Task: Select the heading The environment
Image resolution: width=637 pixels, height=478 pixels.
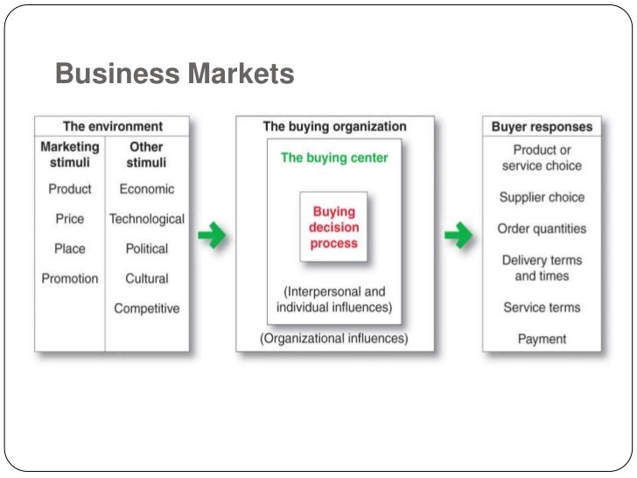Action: coord(112,127)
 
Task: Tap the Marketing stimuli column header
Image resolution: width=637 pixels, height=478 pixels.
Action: coord(70,155)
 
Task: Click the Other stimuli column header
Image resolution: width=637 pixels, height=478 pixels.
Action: coord(146,155)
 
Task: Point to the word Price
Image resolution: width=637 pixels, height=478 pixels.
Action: coord(70,219)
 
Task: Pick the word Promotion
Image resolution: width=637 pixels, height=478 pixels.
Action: coord(70,279)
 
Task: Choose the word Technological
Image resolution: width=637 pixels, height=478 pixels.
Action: coord(146,219)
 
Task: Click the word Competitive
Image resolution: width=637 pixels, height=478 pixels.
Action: coord(146,308)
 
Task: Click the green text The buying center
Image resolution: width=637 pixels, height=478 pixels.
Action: coord(334,158)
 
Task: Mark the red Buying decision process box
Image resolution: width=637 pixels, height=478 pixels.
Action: coord(334,228)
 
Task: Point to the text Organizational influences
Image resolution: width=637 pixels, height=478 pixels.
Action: coord(334,338)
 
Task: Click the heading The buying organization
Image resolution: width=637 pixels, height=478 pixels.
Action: coord(334,127)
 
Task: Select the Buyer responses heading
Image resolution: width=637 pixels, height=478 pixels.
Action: coord(542,127)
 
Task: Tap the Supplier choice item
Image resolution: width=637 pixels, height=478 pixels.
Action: coord(542,197)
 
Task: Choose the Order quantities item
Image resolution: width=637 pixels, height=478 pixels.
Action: coord(542,228)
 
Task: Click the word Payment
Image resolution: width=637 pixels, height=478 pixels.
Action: coord(542,339)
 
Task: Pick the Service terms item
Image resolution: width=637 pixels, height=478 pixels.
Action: coord(542,307)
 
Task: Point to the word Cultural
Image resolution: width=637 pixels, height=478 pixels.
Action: coord(146,279)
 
